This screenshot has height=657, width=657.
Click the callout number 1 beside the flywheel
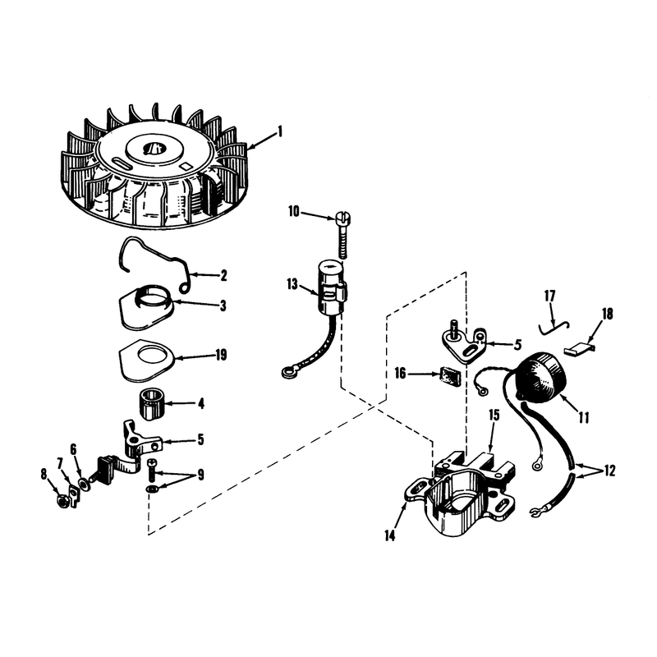pos(280,131)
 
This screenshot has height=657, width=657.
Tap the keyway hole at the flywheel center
pos(154,148)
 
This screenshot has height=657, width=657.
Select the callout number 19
pos(221,356)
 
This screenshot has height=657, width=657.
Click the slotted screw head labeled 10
pos(342,218)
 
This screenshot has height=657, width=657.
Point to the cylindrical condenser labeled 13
pos(332,287)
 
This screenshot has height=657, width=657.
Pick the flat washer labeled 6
pos(84,485)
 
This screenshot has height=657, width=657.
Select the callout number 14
pos(389,535)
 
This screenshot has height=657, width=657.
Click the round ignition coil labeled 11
pos(540,378)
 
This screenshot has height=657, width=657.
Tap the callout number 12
pos(609,471)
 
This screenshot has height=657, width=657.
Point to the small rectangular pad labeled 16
pos(450,376)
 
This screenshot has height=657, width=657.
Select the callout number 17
pos(549,296)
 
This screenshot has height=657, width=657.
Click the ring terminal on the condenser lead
pos(287,372)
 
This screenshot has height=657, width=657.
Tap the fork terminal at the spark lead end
pos(536,512)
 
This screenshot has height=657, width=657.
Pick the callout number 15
pos(494,416)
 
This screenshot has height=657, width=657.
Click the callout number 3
pos(223,306)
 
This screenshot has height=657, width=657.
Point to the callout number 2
pos(223,275)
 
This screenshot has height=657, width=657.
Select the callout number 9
pos(200,476)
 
